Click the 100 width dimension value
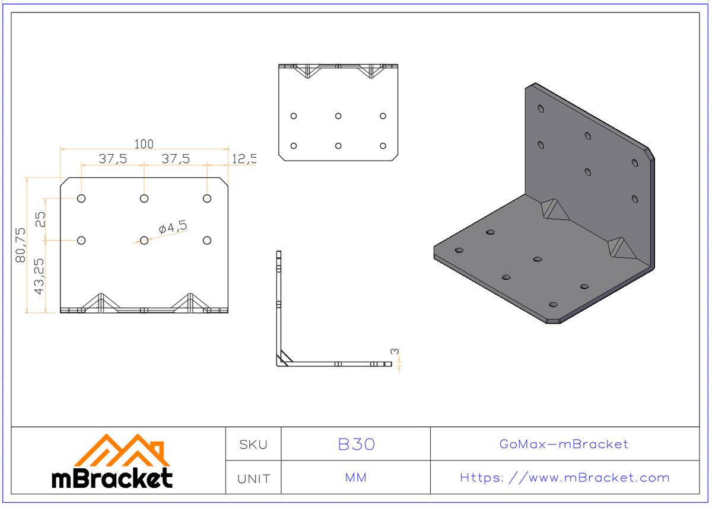tap(144, 144)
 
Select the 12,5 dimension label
tap(244, 159)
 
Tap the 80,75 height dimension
tap(21, 245)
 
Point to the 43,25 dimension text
tap(39, 276)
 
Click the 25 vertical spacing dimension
tap(40, 220)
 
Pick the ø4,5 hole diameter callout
tap(173, 227)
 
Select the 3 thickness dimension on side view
tap(395, 352)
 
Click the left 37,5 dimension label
tap(112, 159)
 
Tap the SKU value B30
tap(356, 445)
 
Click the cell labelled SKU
tap(253, 445)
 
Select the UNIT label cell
tap(253, 478)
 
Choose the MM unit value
tap(356, 478)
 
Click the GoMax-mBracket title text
tap(564, 445)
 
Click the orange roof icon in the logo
tap(122, 452)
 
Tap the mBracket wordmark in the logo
tap(113, 478)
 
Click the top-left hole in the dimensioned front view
tap(81, 199)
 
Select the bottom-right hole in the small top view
tap(383, 146)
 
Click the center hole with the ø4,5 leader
tap(144, 240)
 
